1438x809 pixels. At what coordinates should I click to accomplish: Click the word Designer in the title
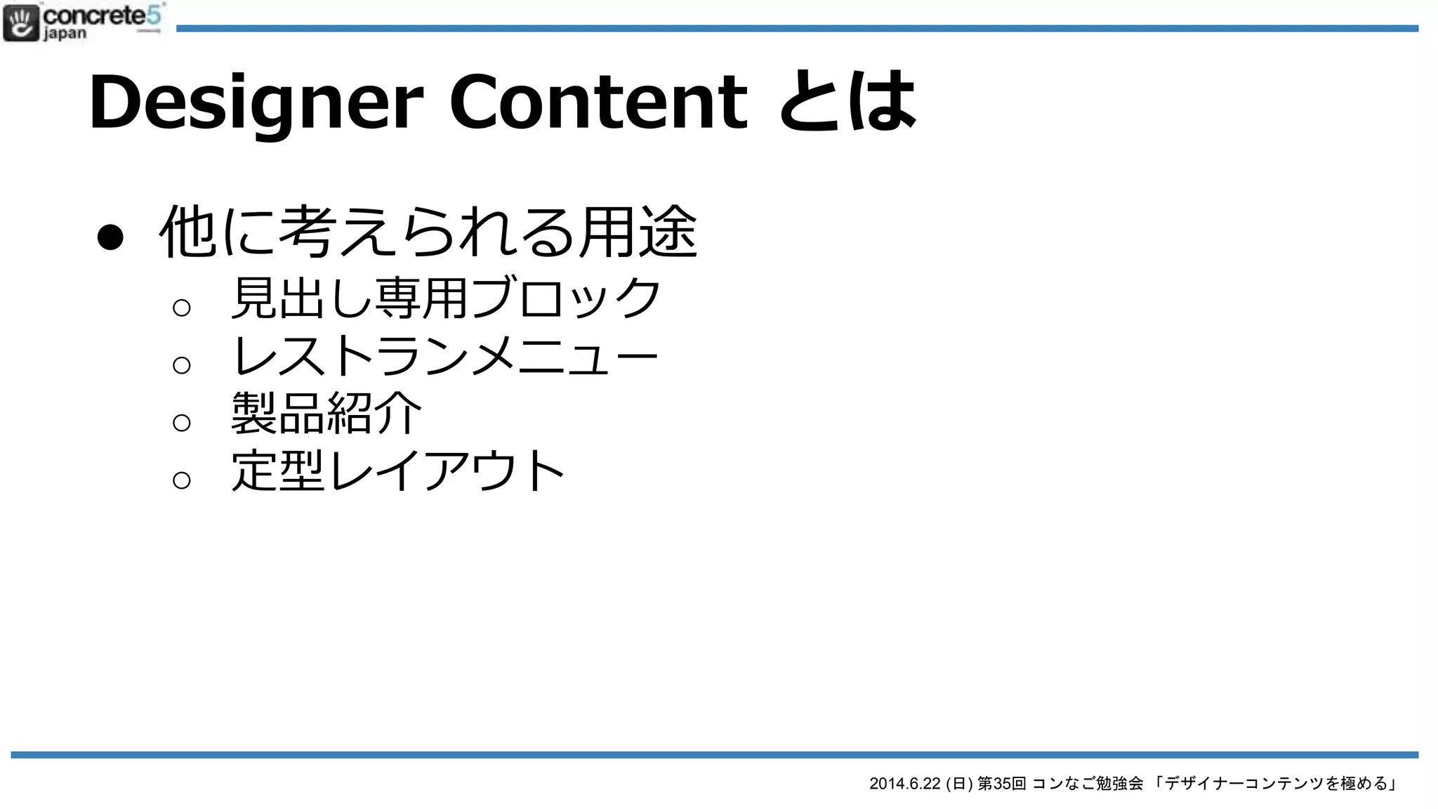tap(256, 103)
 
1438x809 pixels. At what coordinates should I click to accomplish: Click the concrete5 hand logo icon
tap(21, 22)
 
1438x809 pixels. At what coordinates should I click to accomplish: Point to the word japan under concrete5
tap(65, 34)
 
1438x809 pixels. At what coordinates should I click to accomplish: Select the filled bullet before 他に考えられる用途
tap(110, 237)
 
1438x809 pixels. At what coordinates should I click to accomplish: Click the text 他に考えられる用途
tap(428, 232)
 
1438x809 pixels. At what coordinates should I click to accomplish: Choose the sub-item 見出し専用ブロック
tap(447, 298)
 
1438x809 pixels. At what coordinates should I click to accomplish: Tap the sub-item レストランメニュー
tap(445, 356)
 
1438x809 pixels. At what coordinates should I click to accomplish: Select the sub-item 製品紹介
tap(326, 414)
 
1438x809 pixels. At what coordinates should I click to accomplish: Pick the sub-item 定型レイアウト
tap(398, 471)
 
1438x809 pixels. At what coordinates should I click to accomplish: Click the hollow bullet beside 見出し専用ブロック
tap(182, 308)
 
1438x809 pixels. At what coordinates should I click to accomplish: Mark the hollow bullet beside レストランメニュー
tap(182, 365)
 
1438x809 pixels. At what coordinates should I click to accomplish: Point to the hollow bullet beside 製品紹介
tap(182, 423)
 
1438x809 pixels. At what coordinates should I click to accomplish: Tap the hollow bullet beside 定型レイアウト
tap(182, 480)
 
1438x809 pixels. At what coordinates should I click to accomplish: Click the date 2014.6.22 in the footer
tap(904, 784)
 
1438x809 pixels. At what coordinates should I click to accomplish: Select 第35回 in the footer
tap(1001, 784)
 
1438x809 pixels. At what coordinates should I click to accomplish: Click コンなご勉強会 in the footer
tap(1088, 784)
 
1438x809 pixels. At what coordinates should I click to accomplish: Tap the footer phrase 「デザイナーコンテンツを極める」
tap(1275, 784)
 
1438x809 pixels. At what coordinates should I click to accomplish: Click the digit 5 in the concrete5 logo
tap(154, 15)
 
